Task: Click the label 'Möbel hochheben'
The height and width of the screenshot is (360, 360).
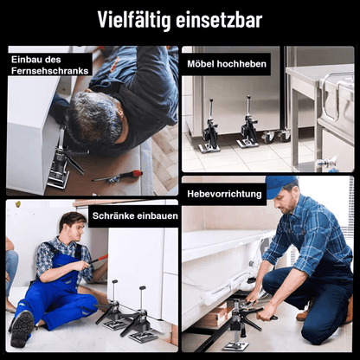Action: tap(227, 64)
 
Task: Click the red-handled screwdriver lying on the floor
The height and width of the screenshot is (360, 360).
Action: tap(119, 176)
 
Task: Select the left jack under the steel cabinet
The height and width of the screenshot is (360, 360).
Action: tap(210, 131)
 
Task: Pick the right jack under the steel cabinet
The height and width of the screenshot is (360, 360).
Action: tap(248, 125)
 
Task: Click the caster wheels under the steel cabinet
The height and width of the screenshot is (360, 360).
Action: tap(277, 135)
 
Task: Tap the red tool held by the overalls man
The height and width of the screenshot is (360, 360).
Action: tap(98, 258)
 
